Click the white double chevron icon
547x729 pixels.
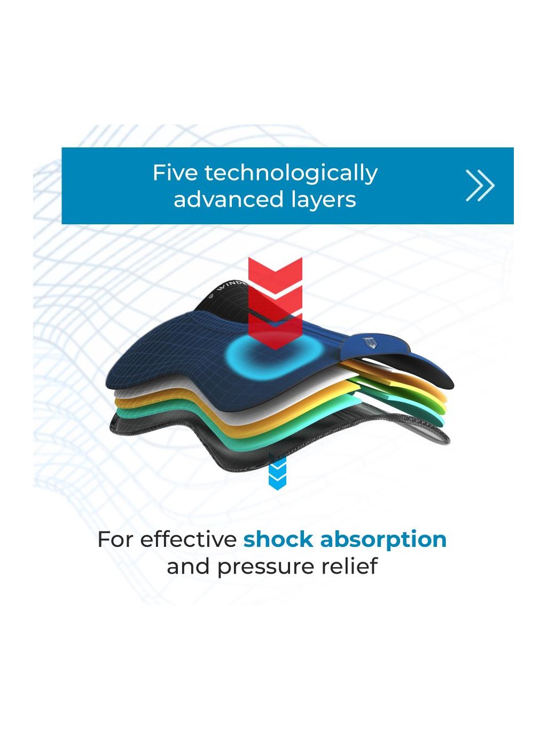click(480, 186)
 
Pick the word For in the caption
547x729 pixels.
click(115, 539)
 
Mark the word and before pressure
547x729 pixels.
click(189, 566)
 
